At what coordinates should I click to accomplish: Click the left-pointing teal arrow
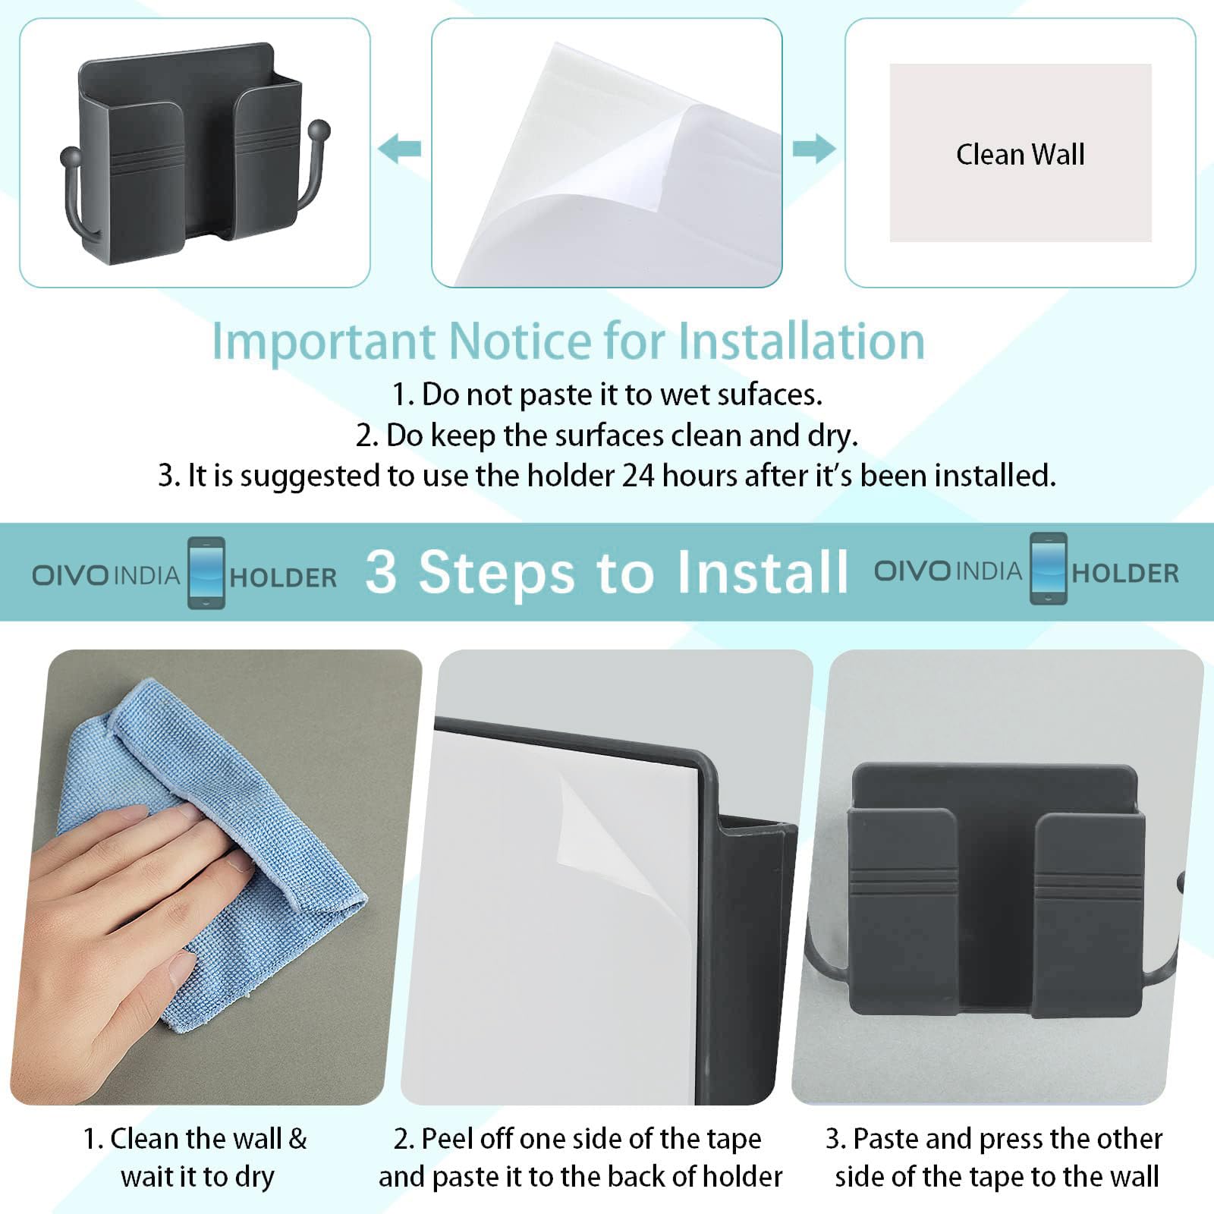click(x=399, y=149)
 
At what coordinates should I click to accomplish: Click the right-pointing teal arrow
click(x=814, y=149)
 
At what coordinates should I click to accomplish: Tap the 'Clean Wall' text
click(x=1020, y=155)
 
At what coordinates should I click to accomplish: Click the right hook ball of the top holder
click(x=320, y=130)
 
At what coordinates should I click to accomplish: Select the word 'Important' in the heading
click(x=323, y=341)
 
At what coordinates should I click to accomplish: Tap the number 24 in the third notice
click(x=638, y=476)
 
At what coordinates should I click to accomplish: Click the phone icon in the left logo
click(x=206, y=573)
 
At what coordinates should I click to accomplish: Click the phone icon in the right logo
click(x=1048, y=569)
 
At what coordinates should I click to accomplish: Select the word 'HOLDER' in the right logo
click(x=1125, y=574)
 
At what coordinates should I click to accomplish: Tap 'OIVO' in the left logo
click(x=71, y=575)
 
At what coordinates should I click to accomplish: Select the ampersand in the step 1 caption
click(x=297, y=1139)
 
